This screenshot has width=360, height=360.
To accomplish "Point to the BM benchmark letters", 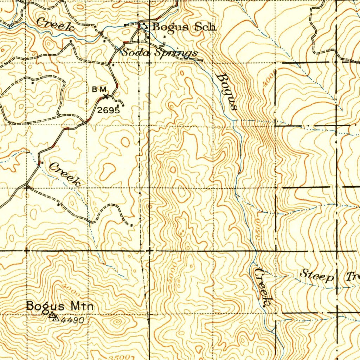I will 99,90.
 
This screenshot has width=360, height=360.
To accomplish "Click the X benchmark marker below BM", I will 105,96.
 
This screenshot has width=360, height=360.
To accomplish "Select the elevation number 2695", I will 109,110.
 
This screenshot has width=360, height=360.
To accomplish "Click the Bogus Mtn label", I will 60,307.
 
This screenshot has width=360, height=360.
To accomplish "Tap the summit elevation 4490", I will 72,320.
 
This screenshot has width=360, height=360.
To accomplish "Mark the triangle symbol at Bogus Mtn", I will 53,317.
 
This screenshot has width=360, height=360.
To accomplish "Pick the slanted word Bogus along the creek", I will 226,91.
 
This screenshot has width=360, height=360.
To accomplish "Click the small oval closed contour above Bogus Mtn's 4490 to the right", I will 117,321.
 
